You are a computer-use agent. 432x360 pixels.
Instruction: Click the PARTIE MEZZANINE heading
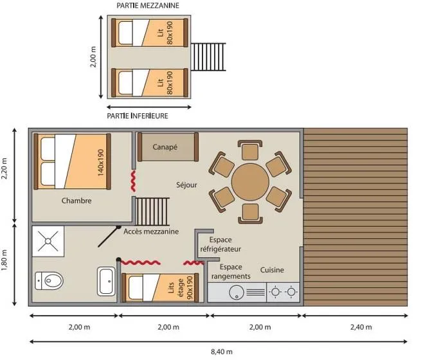point(147,5)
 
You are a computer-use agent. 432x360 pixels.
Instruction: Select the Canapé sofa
point(165,147)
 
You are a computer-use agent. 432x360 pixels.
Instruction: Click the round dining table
point(249,182)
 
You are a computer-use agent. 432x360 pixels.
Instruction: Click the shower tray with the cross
point(48,242)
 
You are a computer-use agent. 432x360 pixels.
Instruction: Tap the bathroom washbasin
point(105,282)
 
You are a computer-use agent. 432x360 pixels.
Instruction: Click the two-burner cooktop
point(283,292)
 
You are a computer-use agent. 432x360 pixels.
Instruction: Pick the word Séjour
point(186,185)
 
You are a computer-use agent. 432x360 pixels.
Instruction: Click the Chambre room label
point(76,201)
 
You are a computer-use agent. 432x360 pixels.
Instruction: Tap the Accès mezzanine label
point(151,232)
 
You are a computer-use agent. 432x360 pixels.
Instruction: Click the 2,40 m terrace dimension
point(361,327)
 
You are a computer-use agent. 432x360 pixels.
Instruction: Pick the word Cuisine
point(272,270)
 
